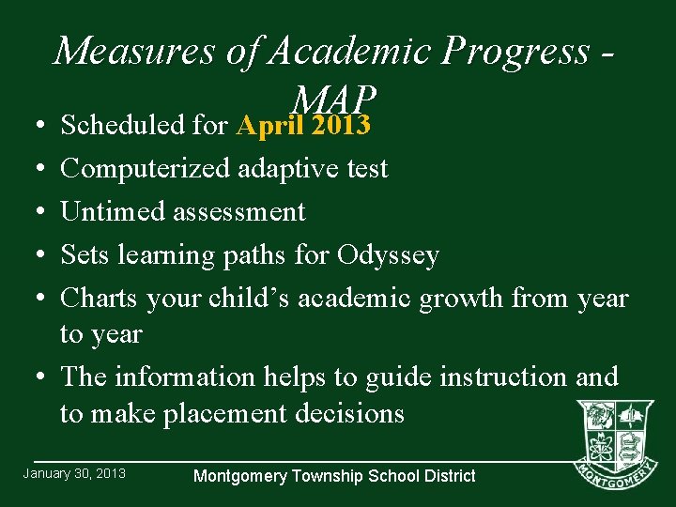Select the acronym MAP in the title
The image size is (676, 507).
pyautogui.click(x=335, y=98)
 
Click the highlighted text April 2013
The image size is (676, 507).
pyautogui.click(x=304, y=125)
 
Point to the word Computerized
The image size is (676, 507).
pyautogui.click(x=146, y=169)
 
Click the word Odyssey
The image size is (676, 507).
pyautogui.click(x=388, y=255)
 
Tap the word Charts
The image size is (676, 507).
pyautogui.click(x=99, y=299)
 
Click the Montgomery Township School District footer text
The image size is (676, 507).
pyautogui.click(x=334, y=476)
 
